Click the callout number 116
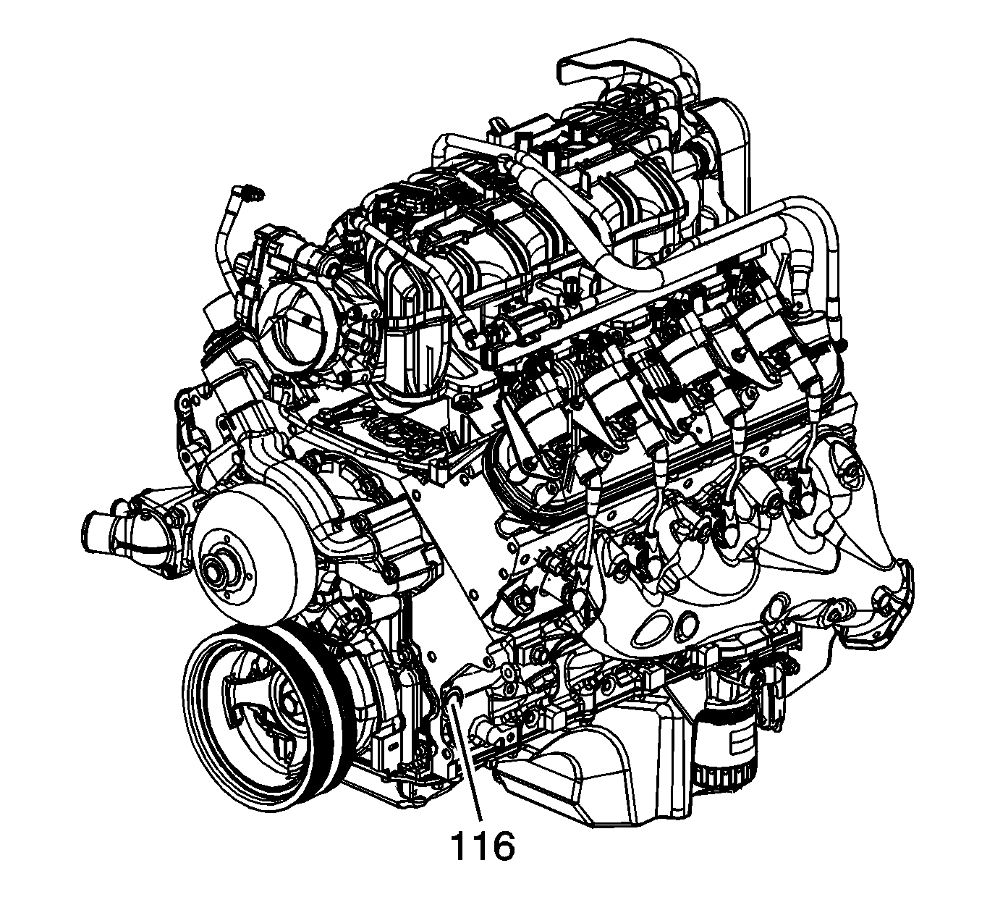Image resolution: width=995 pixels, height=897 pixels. click(x=482, y=848)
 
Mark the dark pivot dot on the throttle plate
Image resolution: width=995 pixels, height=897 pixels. click(x=308, y=321)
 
